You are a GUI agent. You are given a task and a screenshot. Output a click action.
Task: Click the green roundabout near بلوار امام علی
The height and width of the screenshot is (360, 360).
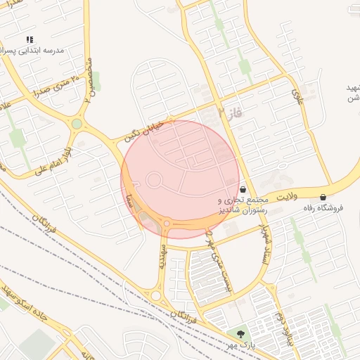point(77,124)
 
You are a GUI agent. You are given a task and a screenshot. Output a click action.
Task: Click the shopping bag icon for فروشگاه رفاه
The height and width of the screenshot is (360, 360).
point(323,197)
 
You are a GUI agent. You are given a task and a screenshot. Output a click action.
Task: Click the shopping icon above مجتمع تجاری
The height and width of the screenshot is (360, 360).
point(243,189)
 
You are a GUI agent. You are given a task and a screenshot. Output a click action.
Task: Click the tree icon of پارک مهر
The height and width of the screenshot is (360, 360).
point(241,333)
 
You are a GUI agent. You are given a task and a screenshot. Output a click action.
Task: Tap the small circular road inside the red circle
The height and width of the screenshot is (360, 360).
point(154,180)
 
